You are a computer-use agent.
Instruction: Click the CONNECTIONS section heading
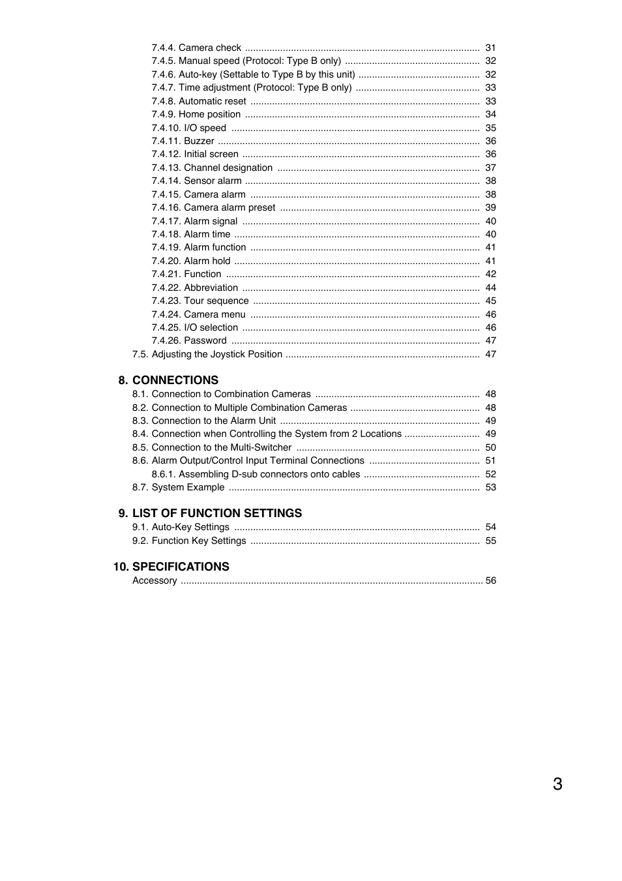pos(175,380)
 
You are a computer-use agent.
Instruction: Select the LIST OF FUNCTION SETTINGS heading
pos(216,513)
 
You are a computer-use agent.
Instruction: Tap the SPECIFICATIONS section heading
pos(181,567)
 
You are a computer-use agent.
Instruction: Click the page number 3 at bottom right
pos(557,784)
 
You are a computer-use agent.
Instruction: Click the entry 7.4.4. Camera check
pos(196,48)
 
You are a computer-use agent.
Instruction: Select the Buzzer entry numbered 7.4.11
pos(183,141)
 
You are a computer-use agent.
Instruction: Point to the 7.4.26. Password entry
pos(189,340)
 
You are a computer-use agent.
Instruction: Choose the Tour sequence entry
pos(200,301)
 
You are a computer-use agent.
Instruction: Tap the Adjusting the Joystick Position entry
pos(207,354)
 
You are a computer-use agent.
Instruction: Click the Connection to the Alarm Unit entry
pos(204,421)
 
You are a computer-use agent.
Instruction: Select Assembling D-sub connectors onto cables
pos(256,474)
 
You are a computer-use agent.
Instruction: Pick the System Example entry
pos(178,487)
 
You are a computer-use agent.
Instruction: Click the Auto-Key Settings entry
pos(181,527)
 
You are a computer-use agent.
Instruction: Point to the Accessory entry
pos(155,580)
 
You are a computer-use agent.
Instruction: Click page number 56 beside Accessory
pos(490,580)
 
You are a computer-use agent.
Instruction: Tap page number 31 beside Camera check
pos(490,48)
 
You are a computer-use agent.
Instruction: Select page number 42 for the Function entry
pos(490,274)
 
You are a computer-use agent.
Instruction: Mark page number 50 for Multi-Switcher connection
pos(490,447)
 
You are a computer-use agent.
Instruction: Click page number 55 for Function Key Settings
pos(490,541)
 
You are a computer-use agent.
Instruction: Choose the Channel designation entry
pos(212,168)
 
